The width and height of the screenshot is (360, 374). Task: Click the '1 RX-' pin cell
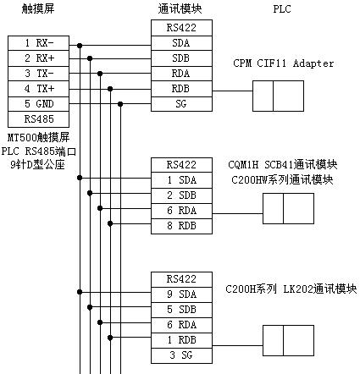coord(38,43)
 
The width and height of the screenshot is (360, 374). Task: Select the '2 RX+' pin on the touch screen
coord(38,58)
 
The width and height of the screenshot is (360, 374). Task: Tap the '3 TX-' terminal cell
coord(38,74)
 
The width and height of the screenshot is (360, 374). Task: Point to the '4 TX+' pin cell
coord(38,89)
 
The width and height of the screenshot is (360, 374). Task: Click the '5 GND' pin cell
coord(38,104)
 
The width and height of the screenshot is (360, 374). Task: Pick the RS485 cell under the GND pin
coord(38,119)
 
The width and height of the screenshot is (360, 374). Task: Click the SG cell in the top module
coord(181,104)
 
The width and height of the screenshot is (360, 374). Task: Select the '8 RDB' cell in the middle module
coord(181,226)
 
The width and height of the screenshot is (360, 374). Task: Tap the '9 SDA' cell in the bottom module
coord(181,294)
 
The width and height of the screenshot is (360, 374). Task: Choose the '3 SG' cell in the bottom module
coord(181,355)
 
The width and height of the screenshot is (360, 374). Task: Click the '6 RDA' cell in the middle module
coord(181,211)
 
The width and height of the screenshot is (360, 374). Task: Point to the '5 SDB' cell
coord(181,310)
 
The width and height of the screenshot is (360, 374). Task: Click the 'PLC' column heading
coord(282,9)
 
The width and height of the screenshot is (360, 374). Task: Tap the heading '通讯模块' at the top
coord(180,8)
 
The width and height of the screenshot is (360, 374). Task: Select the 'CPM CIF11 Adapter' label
coord(283,63)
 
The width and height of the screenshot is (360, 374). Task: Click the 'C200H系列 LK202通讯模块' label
coord(291,289)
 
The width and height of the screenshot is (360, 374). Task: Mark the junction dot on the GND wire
coord(120,104)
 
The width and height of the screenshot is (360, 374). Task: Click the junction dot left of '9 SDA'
coord(80,292)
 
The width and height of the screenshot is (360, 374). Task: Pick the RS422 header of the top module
coord(181,28)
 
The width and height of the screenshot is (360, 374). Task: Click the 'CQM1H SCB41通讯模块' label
coord(283,164)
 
